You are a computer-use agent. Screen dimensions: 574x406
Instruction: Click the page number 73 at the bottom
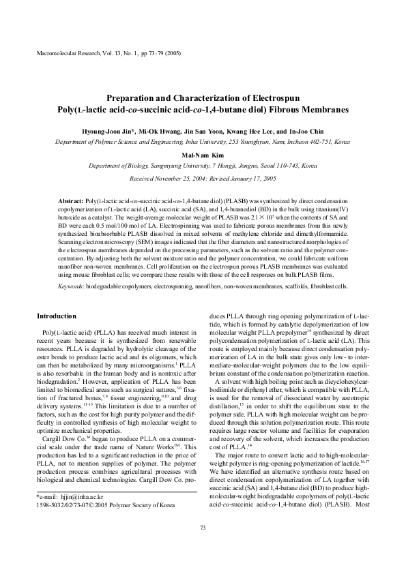[203, 528]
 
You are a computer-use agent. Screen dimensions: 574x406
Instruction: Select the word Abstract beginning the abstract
[70, 203]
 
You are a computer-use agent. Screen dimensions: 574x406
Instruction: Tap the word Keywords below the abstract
[72, 288]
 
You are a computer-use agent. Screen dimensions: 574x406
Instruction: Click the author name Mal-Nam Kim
[203, 155]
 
